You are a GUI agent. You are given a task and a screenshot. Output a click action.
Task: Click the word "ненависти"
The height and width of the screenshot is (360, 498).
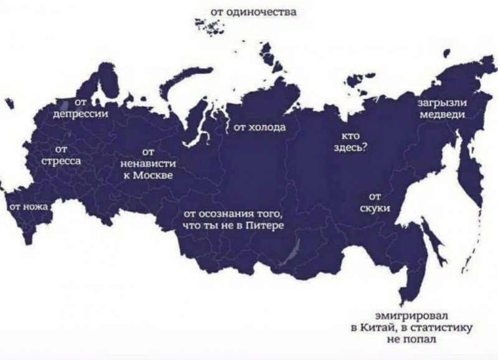point(148,163)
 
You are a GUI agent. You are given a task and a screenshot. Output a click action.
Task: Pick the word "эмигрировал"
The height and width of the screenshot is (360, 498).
point(411,315)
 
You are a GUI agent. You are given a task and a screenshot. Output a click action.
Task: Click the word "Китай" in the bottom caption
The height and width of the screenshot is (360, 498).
point(375,327)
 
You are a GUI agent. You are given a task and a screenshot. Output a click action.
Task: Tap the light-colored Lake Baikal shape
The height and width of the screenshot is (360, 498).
point(289,253)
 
